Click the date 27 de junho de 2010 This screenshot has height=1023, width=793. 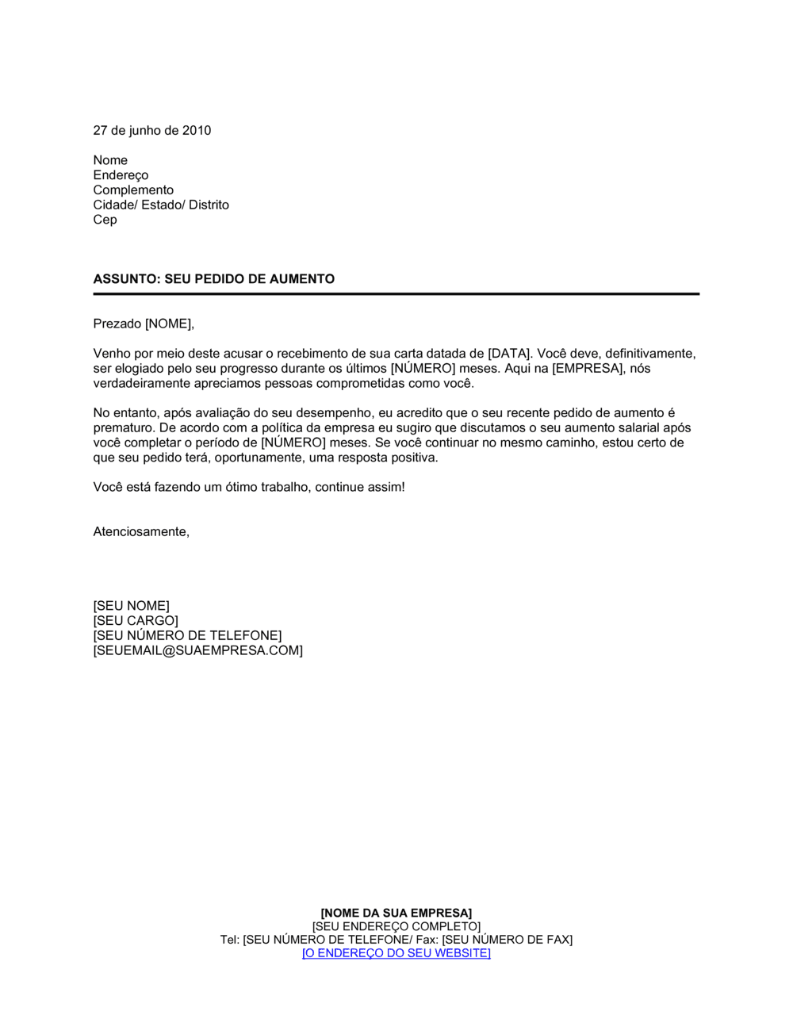[152, 131]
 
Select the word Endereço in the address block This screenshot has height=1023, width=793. [121, 175]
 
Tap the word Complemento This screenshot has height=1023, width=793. [133, 190]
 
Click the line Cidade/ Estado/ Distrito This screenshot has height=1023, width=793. [161, 205]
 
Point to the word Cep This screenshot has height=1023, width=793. [105, 220]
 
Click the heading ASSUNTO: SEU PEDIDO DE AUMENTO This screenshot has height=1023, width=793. [214, 279]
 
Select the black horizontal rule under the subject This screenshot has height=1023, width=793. [396, 294]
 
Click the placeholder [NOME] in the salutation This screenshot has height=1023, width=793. [167, 324]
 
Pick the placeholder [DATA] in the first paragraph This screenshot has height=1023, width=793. [508, 354]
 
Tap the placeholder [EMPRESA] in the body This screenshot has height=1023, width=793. [588, 369]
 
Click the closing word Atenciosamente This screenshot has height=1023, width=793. [140, 532]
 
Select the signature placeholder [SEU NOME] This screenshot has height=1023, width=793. [131, 606]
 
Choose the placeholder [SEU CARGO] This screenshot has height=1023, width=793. [136, 621]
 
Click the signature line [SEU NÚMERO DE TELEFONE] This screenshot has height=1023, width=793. [187, 636]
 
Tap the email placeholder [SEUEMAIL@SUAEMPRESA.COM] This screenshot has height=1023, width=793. [197, 651]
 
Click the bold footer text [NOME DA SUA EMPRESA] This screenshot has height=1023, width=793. [396, 914]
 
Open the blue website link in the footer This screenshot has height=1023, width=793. [396, 953]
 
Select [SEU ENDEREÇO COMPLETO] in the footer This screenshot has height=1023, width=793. [396, 927]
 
